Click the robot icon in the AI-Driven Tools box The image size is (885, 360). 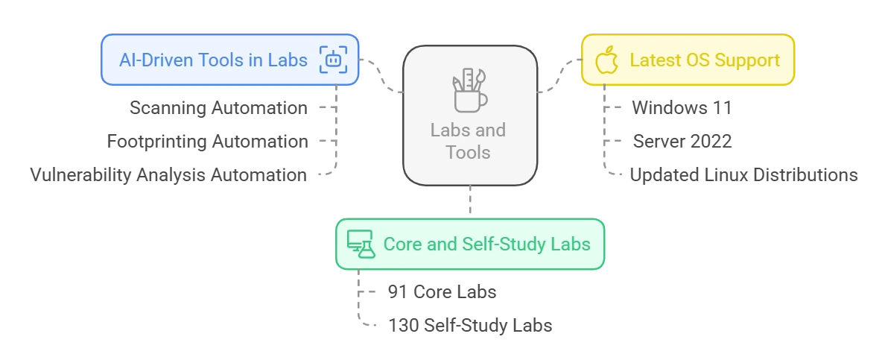[x=333, y=60]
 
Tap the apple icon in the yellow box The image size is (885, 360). [x=607, y=60]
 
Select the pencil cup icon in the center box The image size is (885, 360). [x=469, y=90]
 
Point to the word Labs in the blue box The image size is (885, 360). [x=288, y=60]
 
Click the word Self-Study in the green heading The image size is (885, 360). [x=504, y=244]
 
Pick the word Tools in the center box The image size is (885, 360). [x=469, y=153]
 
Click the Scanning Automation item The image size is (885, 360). [x=218, y=108]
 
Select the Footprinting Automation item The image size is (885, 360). [x=208, y=141]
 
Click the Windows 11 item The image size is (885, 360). [x=681, y=108]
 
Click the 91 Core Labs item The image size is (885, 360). [x=442, y=291]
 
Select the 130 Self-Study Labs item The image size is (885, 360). [x=470, y=326]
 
